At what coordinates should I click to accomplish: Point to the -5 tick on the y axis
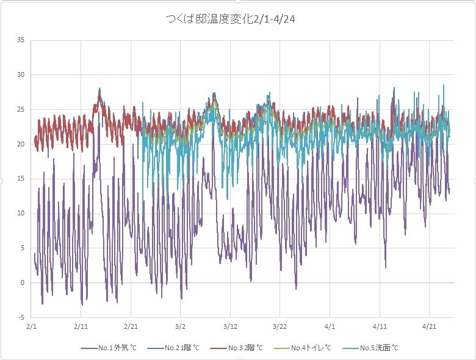21,317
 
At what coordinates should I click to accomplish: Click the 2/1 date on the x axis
32,327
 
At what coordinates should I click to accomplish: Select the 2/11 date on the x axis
81,327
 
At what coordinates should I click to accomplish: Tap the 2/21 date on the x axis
131,327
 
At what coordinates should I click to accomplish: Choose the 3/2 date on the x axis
181,327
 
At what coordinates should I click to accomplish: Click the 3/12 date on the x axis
230,327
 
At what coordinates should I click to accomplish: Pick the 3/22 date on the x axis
280,327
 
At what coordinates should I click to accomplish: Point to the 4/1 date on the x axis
330,327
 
